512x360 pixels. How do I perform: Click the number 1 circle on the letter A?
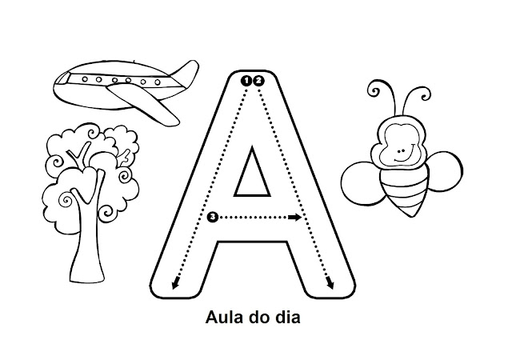click(246, 79)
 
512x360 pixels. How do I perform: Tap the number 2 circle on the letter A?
click(258, 79)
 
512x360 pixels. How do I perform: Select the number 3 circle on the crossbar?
click(211, 217)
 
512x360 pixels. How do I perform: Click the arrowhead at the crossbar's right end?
click(296, 217)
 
